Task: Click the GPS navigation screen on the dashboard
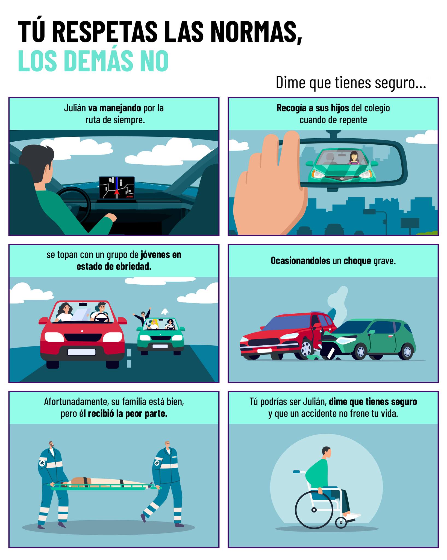[x=117, y=188]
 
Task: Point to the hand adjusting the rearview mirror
[x=270, y=186]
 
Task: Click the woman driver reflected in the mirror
[x=354, y=158]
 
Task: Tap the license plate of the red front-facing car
[x=82, y=352]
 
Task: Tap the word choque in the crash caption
[x=357, y=261]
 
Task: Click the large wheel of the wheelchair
[x=314, y=510]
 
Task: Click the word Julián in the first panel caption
[x=75, y=108]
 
